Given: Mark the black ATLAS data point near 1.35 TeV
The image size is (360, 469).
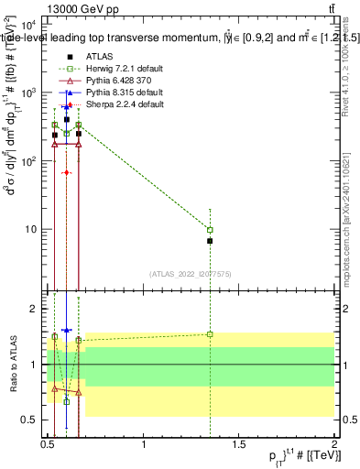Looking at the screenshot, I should (211, 241).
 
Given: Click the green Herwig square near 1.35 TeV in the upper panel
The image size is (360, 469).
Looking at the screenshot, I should (211, 230).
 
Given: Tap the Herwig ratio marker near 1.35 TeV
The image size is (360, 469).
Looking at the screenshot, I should (211, 334).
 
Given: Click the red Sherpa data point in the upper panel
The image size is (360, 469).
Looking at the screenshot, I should (67, 172).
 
